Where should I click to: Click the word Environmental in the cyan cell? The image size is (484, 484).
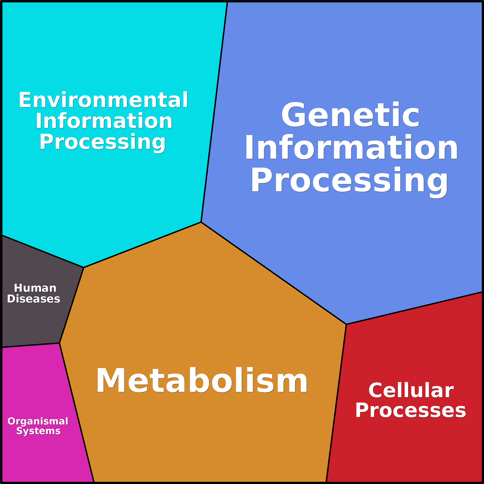(x=103, y=100)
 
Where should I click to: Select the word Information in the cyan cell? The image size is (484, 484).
(x=104, y=121)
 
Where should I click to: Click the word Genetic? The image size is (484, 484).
(x=350, y=115)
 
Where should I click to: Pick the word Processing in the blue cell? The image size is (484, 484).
(x=350, y=180)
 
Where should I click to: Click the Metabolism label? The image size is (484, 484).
(x=202, y=380)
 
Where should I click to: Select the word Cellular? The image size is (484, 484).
(x=411, y=390)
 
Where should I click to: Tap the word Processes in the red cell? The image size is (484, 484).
(x=411, y=410)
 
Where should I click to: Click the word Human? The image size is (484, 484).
(x=35, y=288)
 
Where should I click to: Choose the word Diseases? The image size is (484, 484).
(x=34, y=299)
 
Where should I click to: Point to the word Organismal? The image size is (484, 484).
(x=38, y=421)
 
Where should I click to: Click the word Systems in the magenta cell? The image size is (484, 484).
(x=38, y=431)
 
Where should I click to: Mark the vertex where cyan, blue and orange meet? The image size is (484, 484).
(x=201, y=222)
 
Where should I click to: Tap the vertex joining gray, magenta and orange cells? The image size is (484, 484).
(x=59, y=343)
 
